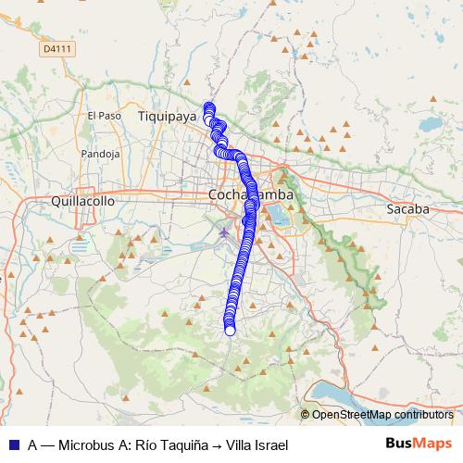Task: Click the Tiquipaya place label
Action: [x=168, y=117]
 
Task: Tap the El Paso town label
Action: [x=104, y=116]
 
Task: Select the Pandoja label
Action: [x=101, y=153]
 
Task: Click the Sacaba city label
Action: [x=407, y=209]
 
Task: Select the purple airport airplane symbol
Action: [x=223, y=230]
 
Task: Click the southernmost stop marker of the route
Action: [x=230, y=330]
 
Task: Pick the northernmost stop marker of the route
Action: [x=208, y=106]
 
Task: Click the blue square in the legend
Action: [x=13, y=444]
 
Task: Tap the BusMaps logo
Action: [x=419, y=444]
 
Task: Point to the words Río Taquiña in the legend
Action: [x=170, y=444]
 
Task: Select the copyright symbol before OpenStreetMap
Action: [x=306, y=414]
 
